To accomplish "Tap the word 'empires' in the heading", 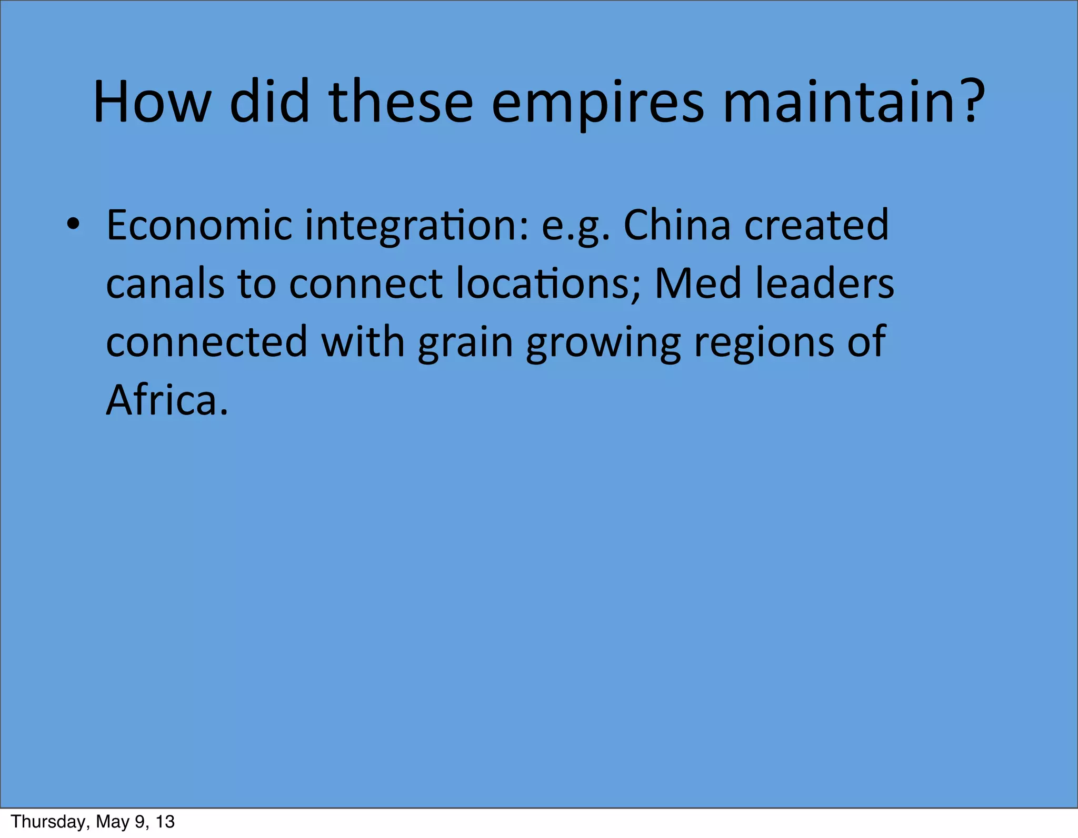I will (597, 103).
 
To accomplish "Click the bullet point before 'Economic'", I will (73, 225).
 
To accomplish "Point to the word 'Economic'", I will (199, 225).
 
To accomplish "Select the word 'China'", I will (677, 225).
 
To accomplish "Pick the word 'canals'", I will (165, 284).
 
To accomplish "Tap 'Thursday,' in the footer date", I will (49, 822).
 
